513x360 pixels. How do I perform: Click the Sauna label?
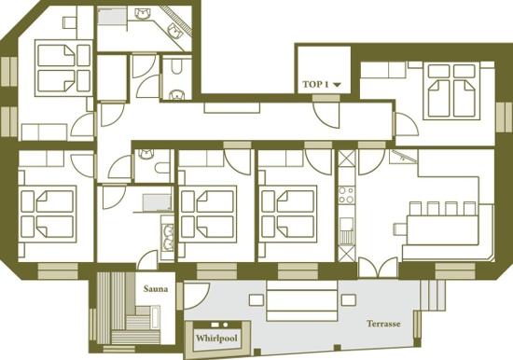(156, 289)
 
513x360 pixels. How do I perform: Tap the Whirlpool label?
(216, 338)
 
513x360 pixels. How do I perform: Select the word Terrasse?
(383, 324)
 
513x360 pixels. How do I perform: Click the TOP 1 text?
(315, 85)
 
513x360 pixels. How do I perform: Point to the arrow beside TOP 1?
(337, 85)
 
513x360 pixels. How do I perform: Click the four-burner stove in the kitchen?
(346, 195)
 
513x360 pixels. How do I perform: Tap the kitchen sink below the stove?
(346, 231)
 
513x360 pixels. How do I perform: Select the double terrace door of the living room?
(378, 267)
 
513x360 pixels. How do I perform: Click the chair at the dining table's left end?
(400, 228)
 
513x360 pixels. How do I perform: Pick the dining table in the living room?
(441, 229)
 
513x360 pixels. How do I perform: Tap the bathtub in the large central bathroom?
(158, 202)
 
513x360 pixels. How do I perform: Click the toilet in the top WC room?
(176, 67)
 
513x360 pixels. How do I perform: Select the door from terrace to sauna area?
(196, 296)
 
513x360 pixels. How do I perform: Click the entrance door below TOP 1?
(326, 114)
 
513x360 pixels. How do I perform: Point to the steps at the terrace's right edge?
(432, 295)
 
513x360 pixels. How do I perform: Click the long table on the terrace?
(302, 300)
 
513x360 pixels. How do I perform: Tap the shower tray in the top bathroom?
(112, 17)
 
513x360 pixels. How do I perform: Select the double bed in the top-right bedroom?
(451, 91)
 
